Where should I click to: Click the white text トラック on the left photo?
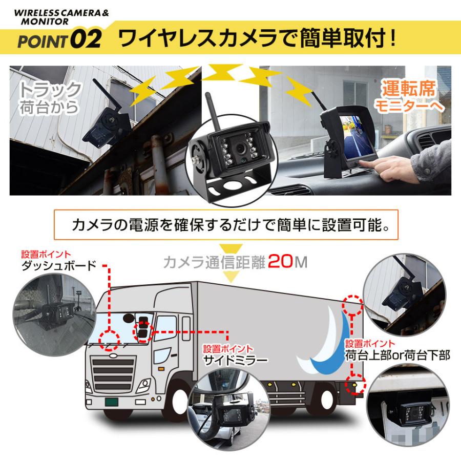[x=50, y=90]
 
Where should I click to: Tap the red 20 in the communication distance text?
[x=279, y=262]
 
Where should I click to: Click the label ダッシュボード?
[x=59, y=266]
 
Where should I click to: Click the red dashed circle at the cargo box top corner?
[x=353, y=306]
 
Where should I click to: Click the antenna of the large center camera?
[x=212, y=109]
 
